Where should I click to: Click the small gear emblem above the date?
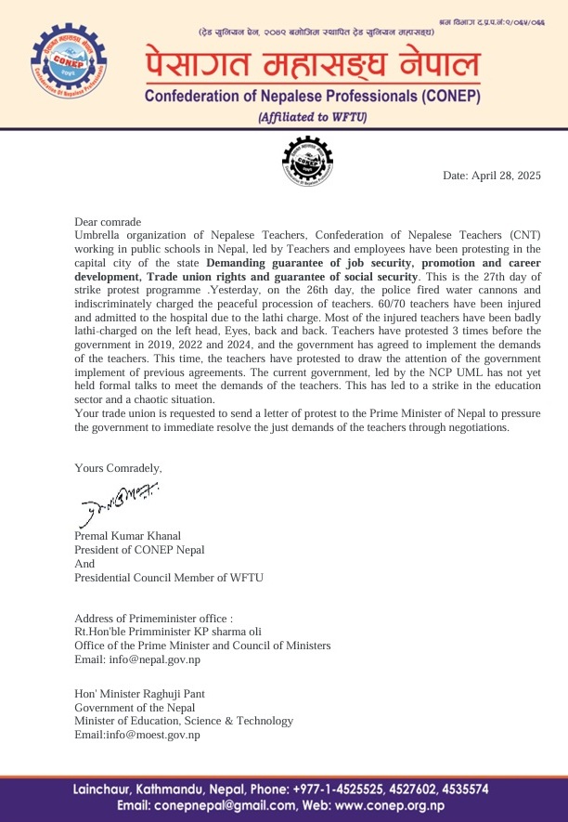306,162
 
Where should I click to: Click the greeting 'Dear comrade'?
108,222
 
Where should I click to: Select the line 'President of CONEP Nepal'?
139,549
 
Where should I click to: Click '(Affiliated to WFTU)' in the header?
313,117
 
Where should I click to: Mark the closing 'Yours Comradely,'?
118,468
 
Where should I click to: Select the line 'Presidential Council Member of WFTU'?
169,578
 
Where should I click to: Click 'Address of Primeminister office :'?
153,618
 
